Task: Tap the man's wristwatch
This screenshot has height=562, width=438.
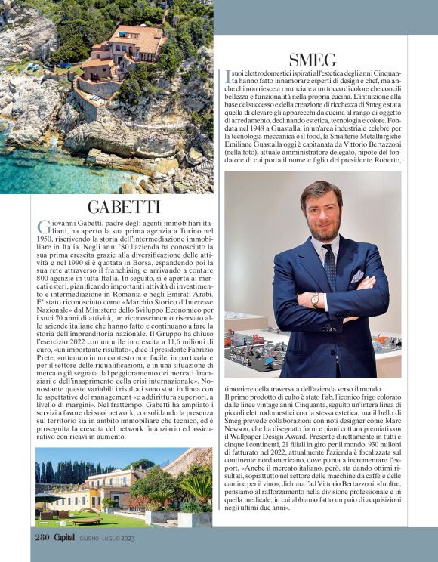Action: [x=315, y=300]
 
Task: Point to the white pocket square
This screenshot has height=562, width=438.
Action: [x=356, y=276]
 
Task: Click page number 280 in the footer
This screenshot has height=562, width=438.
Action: [x=42, y=537]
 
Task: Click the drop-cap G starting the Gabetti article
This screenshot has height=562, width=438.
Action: [x=42, y=227]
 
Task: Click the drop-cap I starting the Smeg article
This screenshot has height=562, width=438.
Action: [x=227, y=76]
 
